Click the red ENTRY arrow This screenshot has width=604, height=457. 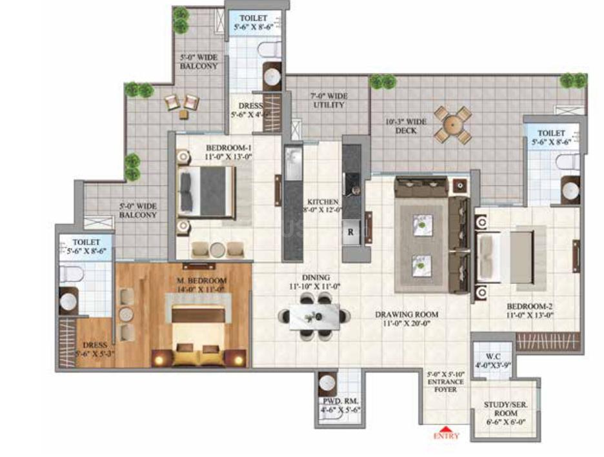[446, 429]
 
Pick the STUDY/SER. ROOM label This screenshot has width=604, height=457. [505, 409]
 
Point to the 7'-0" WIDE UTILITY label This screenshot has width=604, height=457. [328, 100]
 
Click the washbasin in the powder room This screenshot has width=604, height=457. [328, 382]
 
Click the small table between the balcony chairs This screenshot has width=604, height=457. [183, 114]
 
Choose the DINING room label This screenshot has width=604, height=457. [319, 281]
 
